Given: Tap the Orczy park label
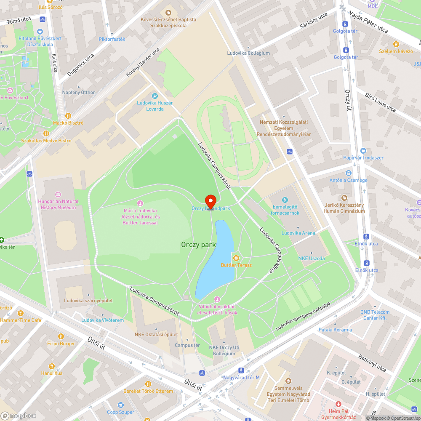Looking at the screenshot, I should point(198,245).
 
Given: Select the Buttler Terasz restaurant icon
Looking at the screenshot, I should point(236,258).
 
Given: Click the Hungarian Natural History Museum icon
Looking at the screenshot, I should point(58,195).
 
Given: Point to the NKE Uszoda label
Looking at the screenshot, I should point(312,258).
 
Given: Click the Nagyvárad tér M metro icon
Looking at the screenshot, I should point(241,370).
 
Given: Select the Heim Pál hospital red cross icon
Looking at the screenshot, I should point(337,404).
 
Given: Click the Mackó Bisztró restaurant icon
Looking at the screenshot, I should point(68,115).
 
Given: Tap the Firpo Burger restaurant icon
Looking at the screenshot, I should point(61,336).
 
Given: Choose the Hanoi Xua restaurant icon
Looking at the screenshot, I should point(52,366).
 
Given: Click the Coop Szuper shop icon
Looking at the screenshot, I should point(120,405).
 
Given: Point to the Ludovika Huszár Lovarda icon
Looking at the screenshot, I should point(155,96).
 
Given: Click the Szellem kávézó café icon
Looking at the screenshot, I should point(395,44).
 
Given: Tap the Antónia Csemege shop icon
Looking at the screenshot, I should point(348,173).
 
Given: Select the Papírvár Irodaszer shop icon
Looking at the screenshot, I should point(363,151).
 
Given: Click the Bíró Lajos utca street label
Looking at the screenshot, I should point(380,103).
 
